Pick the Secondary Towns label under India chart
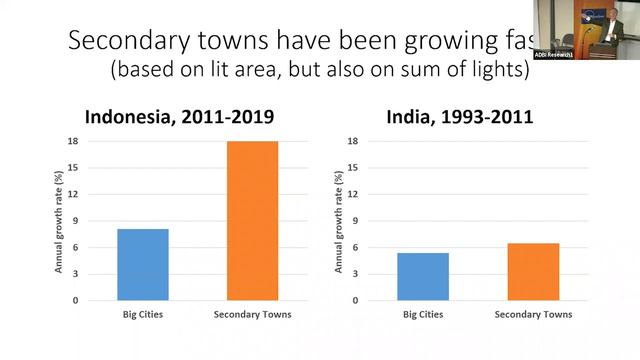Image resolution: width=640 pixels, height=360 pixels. click(532, 316)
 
